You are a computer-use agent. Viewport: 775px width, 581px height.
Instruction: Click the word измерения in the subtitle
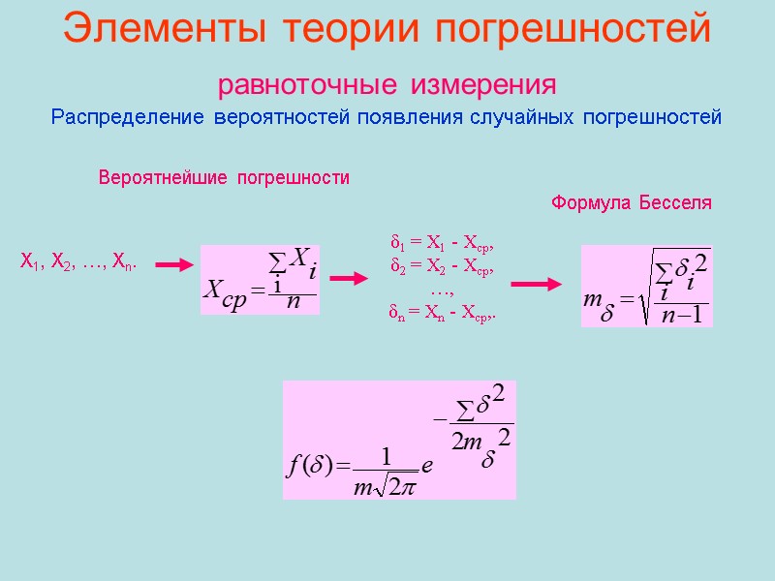click(x=483, y=85)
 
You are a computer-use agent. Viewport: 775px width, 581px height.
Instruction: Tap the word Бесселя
click(x=675, y=203)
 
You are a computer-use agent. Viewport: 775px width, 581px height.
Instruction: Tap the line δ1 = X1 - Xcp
click(x=441, y=243)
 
